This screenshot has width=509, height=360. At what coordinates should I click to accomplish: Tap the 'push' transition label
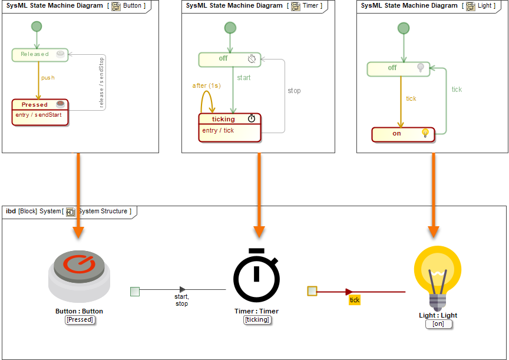coord(48,78)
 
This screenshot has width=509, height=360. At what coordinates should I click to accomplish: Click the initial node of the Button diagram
coord(37,27)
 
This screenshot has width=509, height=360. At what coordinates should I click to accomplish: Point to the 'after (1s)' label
coord(206,86)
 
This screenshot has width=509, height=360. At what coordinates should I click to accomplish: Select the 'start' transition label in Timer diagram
coord(243,78)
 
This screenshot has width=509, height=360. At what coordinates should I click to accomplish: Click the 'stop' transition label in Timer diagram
coord(294,91)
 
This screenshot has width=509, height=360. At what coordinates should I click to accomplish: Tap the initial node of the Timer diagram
coord(230,28)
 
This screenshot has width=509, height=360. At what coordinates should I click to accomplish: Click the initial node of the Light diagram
coord(403,28)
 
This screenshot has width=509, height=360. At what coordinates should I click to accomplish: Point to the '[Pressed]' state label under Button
coord(80,320)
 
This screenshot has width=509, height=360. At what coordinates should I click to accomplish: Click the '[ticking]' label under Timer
coord(256,320)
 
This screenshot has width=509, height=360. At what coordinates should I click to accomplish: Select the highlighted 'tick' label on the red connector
coord(354,300)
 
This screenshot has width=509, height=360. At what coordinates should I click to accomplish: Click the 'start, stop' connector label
coord(181,300)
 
